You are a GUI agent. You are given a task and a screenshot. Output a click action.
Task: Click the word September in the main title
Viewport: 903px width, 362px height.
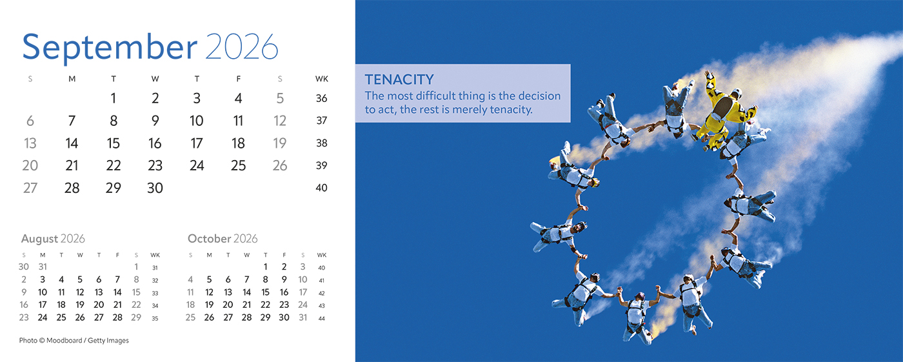(110, 48)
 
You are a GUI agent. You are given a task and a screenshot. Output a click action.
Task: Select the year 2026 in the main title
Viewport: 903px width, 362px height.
(241, 46)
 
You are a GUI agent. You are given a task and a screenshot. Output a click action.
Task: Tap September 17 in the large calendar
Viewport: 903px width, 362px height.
(197, 143)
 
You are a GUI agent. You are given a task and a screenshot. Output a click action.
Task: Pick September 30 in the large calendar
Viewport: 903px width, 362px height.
(155, 188)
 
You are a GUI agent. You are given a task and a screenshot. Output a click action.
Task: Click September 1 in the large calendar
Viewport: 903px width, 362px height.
(114, 98)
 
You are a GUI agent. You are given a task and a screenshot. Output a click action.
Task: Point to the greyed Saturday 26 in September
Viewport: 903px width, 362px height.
(280, 165)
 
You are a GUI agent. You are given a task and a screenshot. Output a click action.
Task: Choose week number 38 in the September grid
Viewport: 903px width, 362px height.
(321, 143)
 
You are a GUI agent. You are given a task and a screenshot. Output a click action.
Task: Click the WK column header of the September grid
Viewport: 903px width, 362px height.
(321, 79)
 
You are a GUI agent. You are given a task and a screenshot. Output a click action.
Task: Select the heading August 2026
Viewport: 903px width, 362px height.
(53, 239)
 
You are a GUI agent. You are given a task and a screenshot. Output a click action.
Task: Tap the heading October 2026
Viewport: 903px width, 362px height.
(223, 239)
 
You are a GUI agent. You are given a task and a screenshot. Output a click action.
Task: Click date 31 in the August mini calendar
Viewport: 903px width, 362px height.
(43, 266)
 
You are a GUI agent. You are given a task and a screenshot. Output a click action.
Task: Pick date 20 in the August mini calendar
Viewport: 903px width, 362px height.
(99, 305)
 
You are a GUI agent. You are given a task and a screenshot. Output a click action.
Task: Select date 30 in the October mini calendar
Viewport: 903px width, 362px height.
(284, 317)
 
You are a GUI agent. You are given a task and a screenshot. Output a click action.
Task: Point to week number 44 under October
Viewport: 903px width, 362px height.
(321, 319)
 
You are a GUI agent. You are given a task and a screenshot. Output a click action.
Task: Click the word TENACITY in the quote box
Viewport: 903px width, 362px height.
(399, 80)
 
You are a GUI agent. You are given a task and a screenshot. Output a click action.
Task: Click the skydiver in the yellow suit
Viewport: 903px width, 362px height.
(724, 111)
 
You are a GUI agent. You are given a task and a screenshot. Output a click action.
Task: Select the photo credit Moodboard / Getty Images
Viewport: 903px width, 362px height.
(88, 341)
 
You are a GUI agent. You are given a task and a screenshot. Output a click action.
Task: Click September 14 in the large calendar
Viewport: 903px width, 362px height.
(72, 143)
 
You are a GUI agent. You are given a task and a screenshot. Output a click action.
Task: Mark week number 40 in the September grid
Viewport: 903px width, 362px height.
(321, 188)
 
